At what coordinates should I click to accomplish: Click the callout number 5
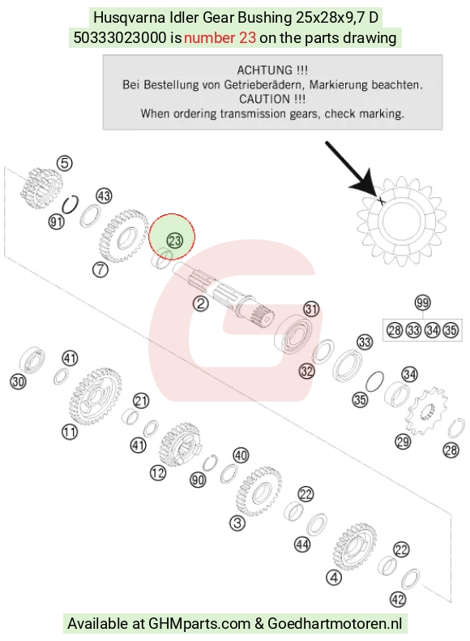point(65,163)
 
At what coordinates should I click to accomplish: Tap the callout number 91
point(57,222)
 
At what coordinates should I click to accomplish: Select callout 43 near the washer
point(104,196)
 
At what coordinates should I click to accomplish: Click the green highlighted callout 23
point(175,240)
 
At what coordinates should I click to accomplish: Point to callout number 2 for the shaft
point(200,303)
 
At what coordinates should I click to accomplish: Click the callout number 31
point(311,308)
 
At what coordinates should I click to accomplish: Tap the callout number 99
point(422,303)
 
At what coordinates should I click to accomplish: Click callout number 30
point(18,382)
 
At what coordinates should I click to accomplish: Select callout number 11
point(70,432)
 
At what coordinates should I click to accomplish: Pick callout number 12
point(158,473)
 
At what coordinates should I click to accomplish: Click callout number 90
point(198,480)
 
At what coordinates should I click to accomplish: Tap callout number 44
point(302,544)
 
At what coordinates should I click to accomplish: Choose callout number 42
point(398,600)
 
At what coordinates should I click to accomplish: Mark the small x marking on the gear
point(381,200)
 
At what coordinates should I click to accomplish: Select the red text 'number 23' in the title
point(220,38)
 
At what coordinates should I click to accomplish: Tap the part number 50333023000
point(120,38)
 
